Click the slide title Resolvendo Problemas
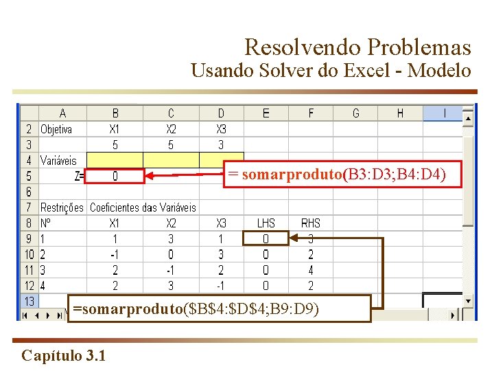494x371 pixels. [357, 47]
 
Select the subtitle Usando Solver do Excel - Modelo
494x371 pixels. [331, 71]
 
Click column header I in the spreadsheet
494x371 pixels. [445, 113]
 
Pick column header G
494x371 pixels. [355, 113]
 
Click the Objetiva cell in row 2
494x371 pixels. [56, 129]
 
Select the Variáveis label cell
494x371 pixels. [59, 161]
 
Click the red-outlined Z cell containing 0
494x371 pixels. [115, 177]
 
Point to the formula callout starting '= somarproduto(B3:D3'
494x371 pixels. [337, 175]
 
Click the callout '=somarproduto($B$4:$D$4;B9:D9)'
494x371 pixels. [196, 309]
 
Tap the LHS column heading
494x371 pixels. [266, 223]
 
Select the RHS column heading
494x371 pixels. [310, 223]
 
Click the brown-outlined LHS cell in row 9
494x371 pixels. [266, 239]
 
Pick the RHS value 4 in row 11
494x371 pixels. [310, 270]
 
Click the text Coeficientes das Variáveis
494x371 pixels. [143, 207]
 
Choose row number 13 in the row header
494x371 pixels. [30, 301]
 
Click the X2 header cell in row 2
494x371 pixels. [171, 129]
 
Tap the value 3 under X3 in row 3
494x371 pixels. [220, 145]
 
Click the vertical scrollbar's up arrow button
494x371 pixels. [468, 118]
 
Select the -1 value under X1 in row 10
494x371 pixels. [115, 255]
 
